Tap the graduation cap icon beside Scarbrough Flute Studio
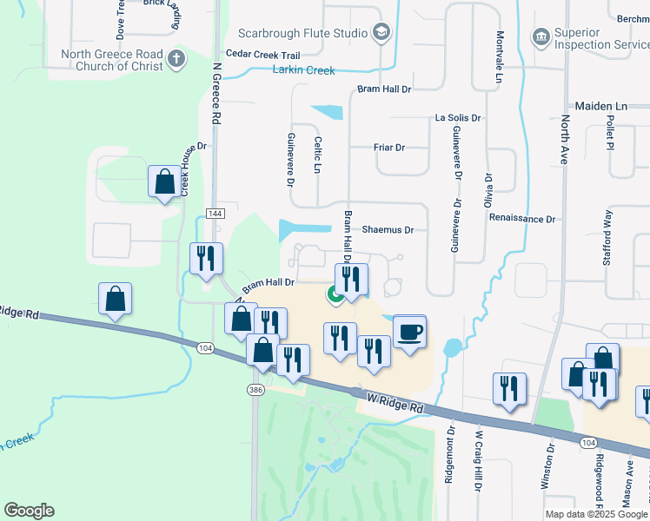tap(381, 33)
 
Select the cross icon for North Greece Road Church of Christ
tap(176, 59)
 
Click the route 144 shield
tap(216, 213)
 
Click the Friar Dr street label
tap(389, 148)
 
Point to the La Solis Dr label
tap(458, 117)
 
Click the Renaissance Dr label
tap(521, 219)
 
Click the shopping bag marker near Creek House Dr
tap(164, 182)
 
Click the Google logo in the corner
tap(29, 511)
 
